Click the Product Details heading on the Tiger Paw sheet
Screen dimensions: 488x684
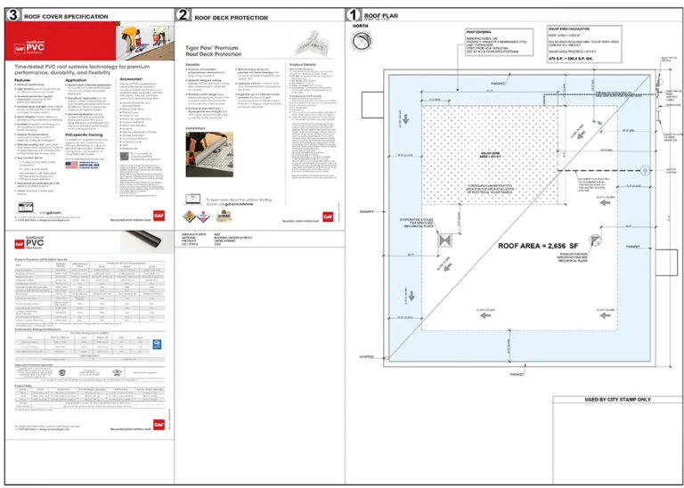[x=305, y=64]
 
